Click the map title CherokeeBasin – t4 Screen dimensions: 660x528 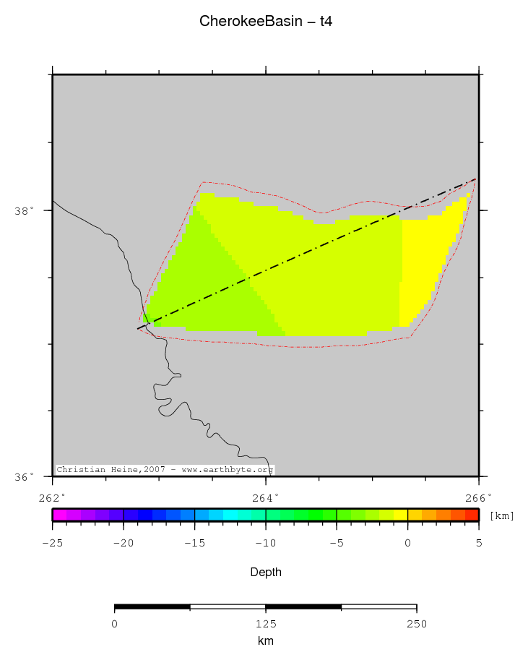coord(265,22)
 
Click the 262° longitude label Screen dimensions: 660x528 coord(53,497)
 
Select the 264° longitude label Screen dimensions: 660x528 coord(266,497)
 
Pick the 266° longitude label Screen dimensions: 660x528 coord(479,497)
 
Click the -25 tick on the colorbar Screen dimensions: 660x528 coord(53,542)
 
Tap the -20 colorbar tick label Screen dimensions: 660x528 coord(124,542)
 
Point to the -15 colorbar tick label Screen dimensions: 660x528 coord(194,542)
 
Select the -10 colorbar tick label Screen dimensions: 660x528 coord(265,542)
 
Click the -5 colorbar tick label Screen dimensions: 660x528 coord(337,542)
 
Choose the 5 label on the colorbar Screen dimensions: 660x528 coord(479,542)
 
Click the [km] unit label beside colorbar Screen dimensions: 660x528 coord(501,515)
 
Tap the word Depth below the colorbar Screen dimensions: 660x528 coord(265,572)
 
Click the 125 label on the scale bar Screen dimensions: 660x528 coord(265,623)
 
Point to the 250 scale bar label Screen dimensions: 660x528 coord(417,623)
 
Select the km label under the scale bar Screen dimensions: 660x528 coord(265,640)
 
